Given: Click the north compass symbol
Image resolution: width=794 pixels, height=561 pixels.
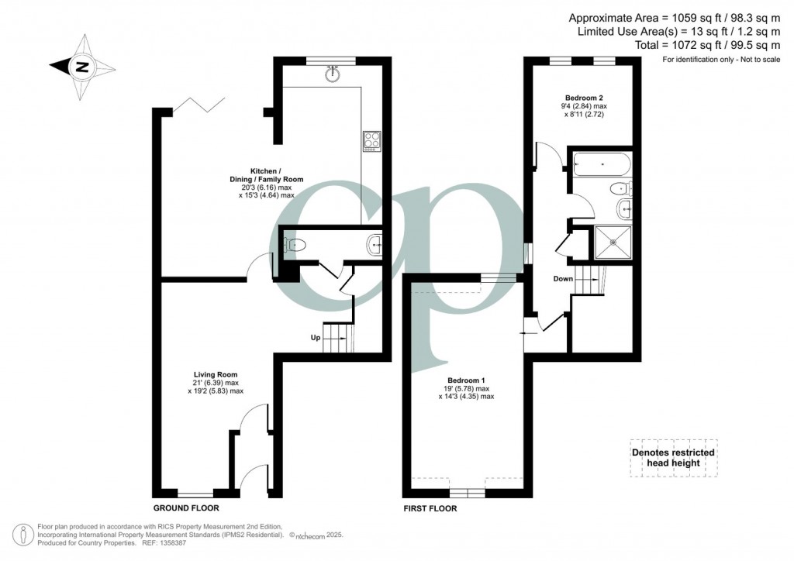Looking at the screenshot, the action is click(x=82, y=67).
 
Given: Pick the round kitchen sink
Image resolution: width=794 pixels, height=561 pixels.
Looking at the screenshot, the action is click(x=333, y=74).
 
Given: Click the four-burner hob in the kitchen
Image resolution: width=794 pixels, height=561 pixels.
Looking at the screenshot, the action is click(x=372, y=141).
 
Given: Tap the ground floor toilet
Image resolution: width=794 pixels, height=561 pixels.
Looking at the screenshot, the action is click(x=295, y=246).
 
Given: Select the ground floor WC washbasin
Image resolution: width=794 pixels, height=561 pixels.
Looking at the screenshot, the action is click(x=375, y=246).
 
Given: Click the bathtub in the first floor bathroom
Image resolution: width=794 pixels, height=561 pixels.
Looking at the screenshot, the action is click(x=602, y=164).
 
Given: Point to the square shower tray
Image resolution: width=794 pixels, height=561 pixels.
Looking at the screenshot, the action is click(x=613, y=242).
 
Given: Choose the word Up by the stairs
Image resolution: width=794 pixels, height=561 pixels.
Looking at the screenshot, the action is click(x=316, y=337).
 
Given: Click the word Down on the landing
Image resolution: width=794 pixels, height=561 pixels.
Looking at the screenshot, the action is click(x=563, y=279).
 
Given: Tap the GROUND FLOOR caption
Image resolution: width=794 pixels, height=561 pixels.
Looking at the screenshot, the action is click(x=186, y=508).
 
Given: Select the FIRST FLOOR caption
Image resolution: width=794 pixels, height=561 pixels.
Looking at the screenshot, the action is click(x=430, y=508).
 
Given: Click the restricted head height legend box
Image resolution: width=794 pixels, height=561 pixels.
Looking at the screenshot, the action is click(x=674, y=458).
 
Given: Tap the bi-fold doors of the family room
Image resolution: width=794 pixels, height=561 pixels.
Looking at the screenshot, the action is click(x=198, y=105).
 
